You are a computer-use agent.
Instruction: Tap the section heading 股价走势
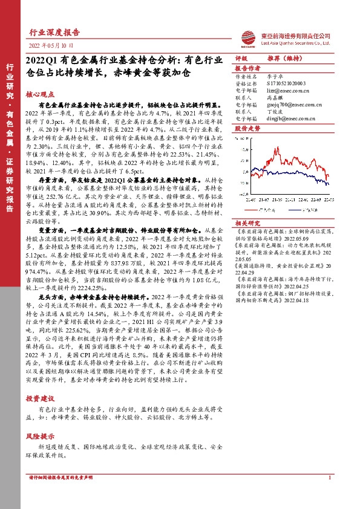click(x=247, y=129)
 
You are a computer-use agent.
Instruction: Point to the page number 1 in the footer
click(x=329, y=495)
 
